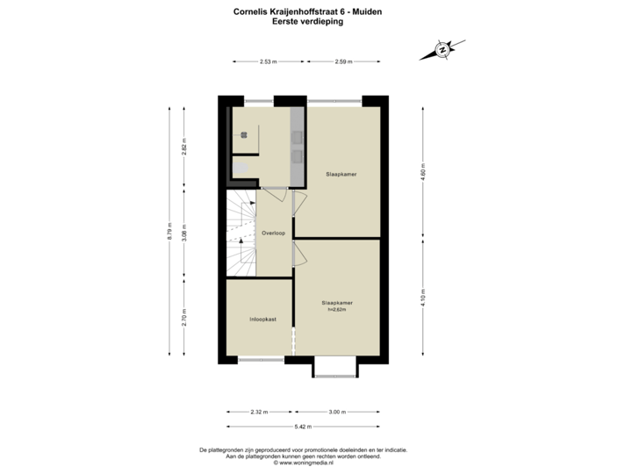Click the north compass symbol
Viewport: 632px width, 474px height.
pos(443,49)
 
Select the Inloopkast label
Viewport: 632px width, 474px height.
pos(262,320)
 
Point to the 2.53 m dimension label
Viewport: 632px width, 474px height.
pos(268,61)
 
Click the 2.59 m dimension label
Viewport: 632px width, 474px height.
pos(343,61)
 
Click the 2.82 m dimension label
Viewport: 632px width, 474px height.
pos(183,146)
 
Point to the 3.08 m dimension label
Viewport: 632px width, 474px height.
pos(183,233)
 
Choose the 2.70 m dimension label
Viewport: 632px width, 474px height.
pos(183,316)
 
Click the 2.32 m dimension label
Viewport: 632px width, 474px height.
pos(259,411)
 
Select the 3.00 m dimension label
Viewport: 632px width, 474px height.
pos(338,411)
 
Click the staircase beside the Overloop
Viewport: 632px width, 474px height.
pos(241,233)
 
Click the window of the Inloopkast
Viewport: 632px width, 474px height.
pos(261,359)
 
